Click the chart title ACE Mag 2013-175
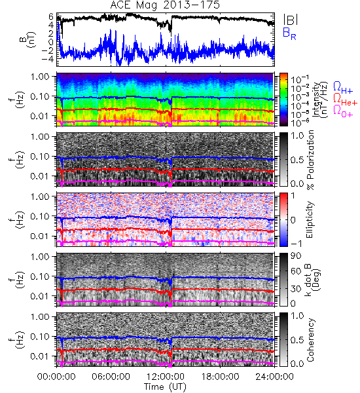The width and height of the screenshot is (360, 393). coord(164,5)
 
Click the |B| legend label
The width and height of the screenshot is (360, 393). coord(291,19)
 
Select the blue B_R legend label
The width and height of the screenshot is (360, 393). coord(289,33)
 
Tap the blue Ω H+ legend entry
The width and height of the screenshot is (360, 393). coord(343,88)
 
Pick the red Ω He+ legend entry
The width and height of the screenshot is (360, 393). coord(345,99)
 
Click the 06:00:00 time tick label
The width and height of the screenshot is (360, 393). coord(111,377)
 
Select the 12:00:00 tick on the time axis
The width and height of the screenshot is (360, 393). coord(166,377)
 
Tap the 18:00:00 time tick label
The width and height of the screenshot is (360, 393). coord(220,377)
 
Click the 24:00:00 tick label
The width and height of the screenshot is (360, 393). coord(274,377)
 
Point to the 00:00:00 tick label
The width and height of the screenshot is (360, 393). coord(56,377)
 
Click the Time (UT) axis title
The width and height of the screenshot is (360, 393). coord(166,387)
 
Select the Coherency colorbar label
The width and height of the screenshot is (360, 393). coord(310,340)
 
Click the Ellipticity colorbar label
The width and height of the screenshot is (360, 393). coord(310,219)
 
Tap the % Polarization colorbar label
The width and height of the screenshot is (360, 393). coord(310,160)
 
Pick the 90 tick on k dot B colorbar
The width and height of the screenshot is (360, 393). coord(296,255)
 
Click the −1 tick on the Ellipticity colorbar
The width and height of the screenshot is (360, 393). coord(296,244)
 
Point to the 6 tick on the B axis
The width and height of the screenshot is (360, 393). coord(51,16)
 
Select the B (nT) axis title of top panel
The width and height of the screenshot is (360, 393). coord(29,39)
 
